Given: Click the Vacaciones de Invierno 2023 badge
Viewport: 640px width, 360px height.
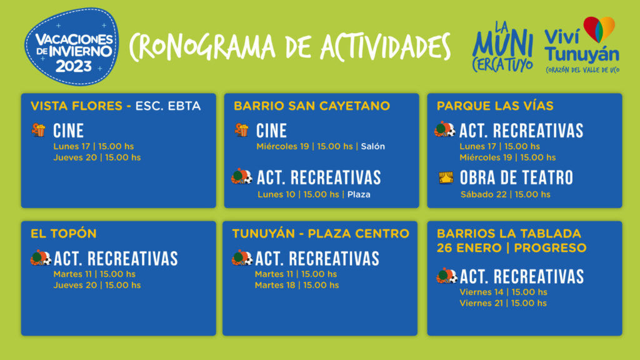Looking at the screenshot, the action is tap(72, 46).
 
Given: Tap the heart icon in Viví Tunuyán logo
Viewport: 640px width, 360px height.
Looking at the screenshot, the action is tap(599, 29).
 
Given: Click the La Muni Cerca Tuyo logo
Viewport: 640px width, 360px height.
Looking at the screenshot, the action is tap(502, 47).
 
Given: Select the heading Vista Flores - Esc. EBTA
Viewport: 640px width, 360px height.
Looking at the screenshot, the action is tap(116, 106).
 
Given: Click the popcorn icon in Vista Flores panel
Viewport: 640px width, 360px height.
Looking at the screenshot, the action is tap(39, 130).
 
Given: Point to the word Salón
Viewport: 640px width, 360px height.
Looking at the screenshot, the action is tap(372, 146).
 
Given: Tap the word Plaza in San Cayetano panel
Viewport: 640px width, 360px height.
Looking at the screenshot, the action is tap(359, 195).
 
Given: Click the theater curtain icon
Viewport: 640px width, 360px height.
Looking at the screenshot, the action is tap(446, 177).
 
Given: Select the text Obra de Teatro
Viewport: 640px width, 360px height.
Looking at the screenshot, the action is tap(516, 178).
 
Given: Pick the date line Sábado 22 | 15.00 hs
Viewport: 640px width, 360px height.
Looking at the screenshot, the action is tap(505, 195).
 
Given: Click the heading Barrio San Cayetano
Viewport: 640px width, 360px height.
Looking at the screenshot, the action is tap(312, 106).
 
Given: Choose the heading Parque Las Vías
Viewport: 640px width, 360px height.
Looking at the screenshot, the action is tap(495, 106).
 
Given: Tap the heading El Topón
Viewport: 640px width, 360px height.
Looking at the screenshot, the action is tap(64, 234).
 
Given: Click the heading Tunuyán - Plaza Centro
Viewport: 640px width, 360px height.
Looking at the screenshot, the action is tap(321, 234).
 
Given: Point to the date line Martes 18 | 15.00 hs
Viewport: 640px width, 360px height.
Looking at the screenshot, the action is tap(297, 285).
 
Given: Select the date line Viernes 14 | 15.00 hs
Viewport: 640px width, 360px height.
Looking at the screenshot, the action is tap(503, 292).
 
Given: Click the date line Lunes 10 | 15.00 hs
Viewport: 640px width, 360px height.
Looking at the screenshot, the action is tap(298, 195).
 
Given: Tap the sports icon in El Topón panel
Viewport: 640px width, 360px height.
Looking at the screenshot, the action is tap(41, 258).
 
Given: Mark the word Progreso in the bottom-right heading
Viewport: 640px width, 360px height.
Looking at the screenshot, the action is tap(550, 247).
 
